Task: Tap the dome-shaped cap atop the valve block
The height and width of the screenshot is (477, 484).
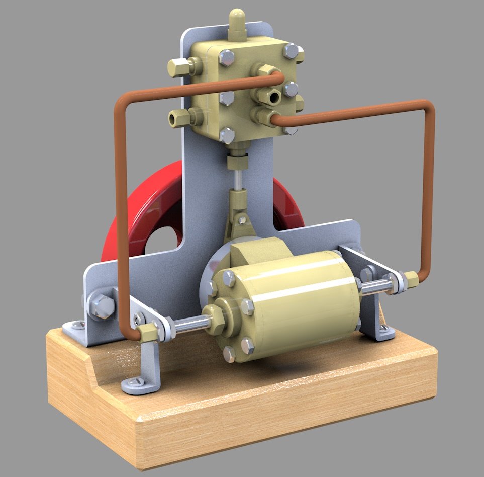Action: coord(237,20)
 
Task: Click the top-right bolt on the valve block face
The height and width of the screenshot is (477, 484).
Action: coord(291,51)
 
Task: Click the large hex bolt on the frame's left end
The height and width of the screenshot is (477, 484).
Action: coord(102,305)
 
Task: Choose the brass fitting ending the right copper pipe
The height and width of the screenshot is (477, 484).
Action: coord(412,280)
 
